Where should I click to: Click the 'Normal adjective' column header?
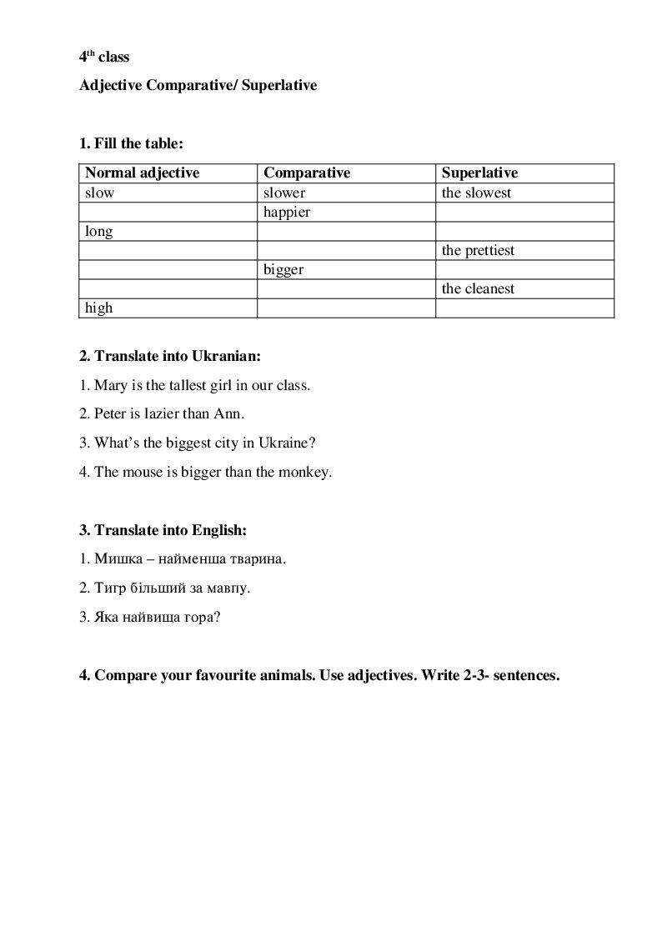pyautogui.click(x=143, y=173)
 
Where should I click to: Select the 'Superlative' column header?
pyautogui.click(x=479, y=173)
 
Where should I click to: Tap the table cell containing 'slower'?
pyautogui.click(x=284, y=193)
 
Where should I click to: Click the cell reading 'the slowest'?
pyautogui.click(x=476, y=193)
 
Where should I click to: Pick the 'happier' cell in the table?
pyautogui.click(x=287, y=212)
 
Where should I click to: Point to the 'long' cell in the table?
pyautogui.click(x=99, y=232)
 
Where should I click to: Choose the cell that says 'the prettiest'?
pyautogui.click(x=478, y=250)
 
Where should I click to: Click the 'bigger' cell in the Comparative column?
pyautogui.click(x=283, y=269)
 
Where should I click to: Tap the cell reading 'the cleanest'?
pyautogui.click(x=478, y=288)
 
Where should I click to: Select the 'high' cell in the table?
pyautogui.click(x=99, y=308)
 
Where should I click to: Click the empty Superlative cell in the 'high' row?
pyautogui.click(x=524, y=308)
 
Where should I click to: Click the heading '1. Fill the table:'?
pyautogui.click(x=131, y=143)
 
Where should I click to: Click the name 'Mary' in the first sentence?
pyautogui.click(x=111, y=385)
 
